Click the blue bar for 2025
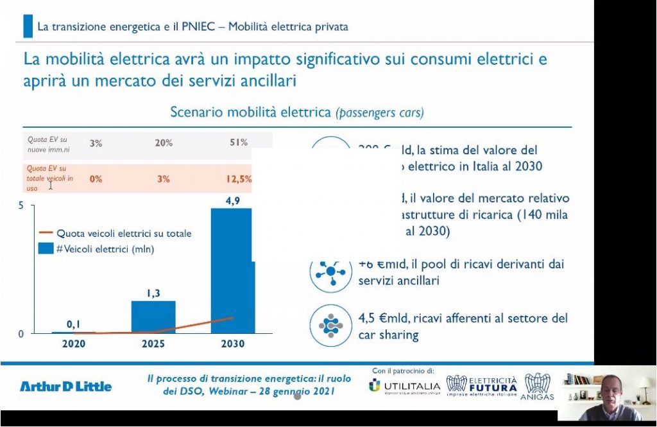tap(153, 317)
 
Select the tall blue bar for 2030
tap(232, 270)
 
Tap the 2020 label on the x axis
tap(74, 344)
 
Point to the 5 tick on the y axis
tap(21, 205)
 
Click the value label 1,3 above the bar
tap(153, 293)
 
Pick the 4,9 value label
tap(232, 200)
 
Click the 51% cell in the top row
tap(238, 143)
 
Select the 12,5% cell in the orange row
tap(239, 179)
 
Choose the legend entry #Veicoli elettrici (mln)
tap(105, 248)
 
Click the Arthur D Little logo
tap(65, 386)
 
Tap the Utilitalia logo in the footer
tap(405, 387)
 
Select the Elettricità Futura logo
tap(482, 388)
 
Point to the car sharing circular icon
tap(331, 326)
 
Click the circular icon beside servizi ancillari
tap(331, 272)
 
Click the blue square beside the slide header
tap(28, 27)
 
